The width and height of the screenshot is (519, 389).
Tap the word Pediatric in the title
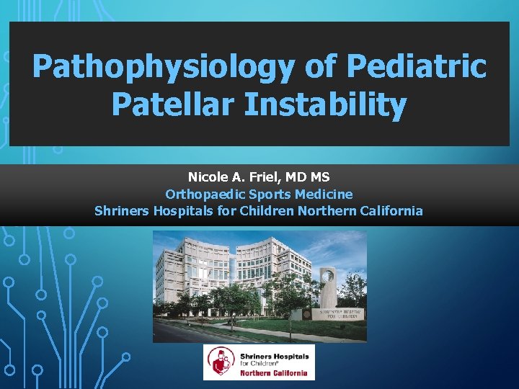tap(417, 67)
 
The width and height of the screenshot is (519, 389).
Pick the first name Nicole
tap(209, 176)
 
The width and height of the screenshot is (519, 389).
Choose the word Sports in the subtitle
tap(269, 194)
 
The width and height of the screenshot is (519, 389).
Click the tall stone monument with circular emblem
tap(328, 288)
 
